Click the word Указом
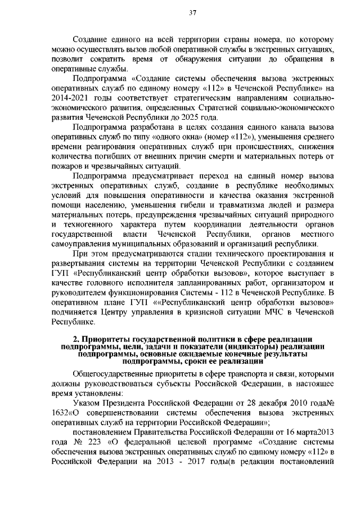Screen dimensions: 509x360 (88, 403)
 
